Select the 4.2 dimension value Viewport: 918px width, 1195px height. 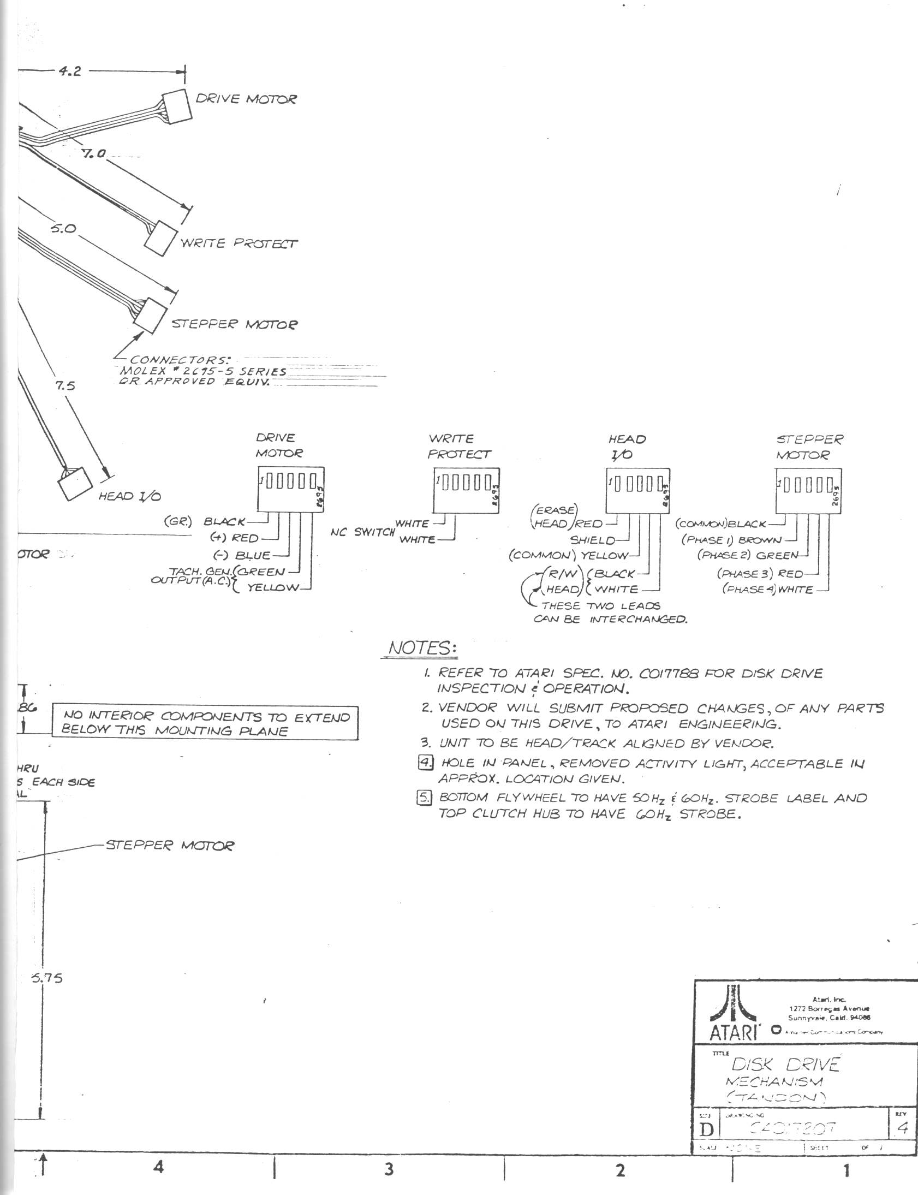(x=70, y=72)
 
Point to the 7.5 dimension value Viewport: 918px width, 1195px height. (x=65, y=387)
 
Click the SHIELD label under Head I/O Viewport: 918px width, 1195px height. (x=592, y=540)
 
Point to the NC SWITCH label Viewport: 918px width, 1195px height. (x=362, y=532)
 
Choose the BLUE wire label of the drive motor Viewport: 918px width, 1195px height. (x=253, y=556)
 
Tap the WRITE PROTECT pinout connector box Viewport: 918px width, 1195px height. (x=467, y=490)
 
